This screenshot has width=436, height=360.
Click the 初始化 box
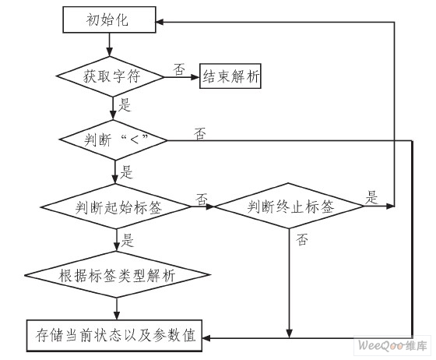coord(115,21)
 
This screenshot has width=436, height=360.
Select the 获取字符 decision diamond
coord(114,77)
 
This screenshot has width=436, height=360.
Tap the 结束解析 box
coord(231,77)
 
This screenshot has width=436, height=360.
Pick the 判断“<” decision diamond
coord(114,140)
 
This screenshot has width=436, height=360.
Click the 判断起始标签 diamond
coord(114,207)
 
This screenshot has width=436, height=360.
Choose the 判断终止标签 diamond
coord(290,207)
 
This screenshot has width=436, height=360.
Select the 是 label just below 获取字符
coord(124,103)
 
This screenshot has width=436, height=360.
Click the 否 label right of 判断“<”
coord(200,133)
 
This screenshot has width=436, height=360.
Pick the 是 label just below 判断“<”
coord(124,168)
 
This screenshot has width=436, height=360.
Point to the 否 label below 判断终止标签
coord(301,242)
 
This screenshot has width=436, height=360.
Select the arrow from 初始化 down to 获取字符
coord(115,44)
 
